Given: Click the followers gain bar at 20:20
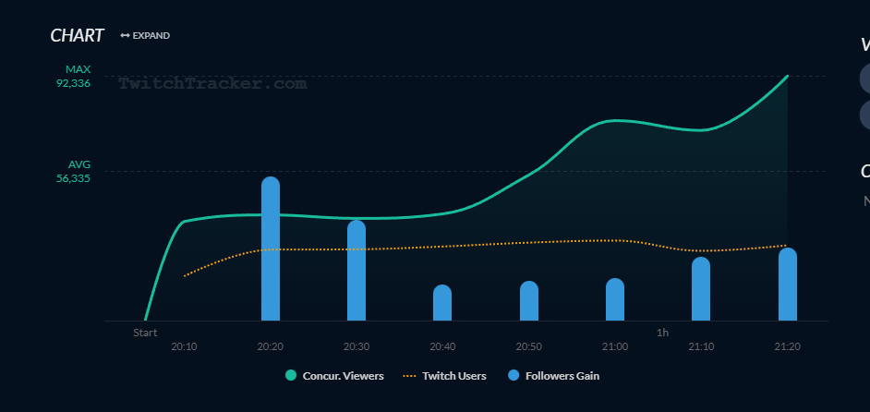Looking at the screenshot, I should tap(271, 249).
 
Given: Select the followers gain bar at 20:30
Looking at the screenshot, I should tap(356, 271).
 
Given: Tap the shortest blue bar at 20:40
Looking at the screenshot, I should tap(442, 303).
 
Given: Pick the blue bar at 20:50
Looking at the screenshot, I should tap(529, 301).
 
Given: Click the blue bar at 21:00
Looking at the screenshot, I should tap(615, 299).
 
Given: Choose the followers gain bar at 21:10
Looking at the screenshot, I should tap(701, 289).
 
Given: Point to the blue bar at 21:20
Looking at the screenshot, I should tap(787, 285).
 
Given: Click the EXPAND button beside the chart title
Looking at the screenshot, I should tap(145, 36).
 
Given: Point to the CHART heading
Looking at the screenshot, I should tap(77, 35).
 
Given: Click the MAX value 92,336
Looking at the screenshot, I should tap(73, 83).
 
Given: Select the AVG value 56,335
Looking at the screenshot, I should tap(73, 178).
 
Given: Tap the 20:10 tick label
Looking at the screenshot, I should tap(184, 346).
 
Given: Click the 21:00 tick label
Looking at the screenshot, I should tap(615, 346).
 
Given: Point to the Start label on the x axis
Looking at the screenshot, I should tap(145, 333).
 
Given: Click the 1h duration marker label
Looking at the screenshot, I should tap(662, 333).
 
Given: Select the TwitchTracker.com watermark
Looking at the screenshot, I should tap(212, 83).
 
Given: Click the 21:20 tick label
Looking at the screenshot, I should tap(787, 346).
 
